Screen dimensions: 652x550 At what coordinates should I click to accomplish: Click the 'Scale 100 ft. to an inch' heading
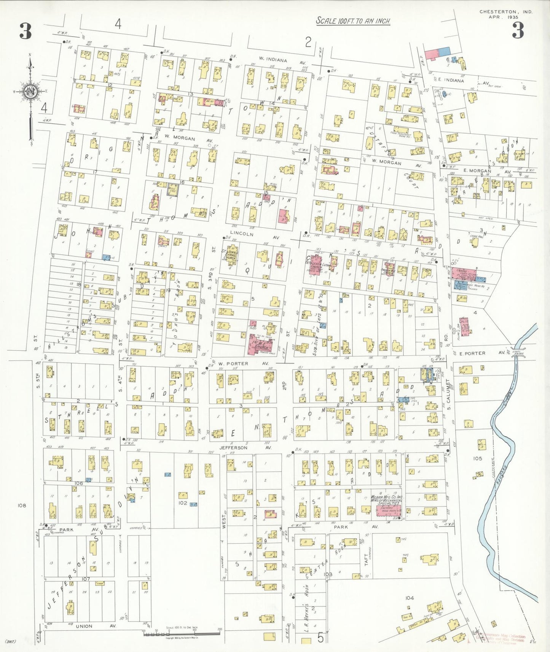(x=353, y=21)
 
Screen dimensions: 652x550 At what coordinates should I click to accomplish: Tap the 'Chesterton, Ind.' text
(x=505, y=12)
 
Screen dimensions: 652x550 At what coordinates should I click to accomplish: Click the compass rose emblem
(x=30, y=91)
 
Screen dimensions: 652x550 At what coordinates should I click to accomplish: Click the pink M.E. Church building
(x=260, y=344)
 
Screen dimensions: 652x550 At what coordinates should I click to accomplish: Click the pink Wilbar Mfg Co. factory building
(x=389, y=510)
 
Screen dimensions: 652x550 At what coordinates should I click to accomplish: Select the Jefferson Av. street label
(x=245, y=448)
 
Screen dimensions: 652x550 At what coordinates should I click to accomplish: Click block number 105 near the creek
(x=477, y=458)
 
